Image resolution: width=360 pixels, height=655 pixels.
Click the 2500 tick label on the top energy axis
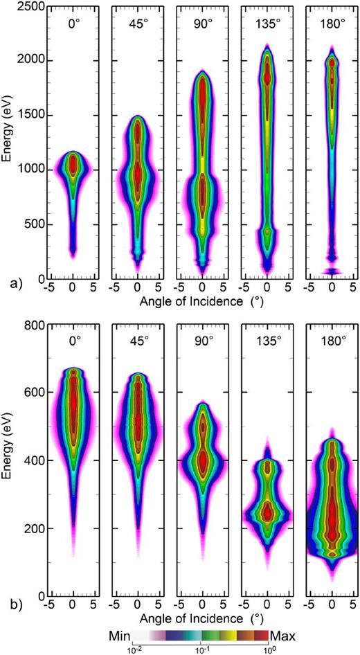28,6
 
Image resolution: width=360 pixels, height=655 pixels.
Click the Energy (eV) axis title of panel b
8,458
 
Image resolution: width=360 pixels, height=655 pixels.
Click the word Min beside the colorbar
120,634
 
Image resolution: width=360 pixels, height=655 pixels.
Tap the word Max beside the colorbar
282,634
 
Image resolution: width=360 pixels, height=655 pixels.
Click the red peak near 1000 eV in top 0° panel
73,165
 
